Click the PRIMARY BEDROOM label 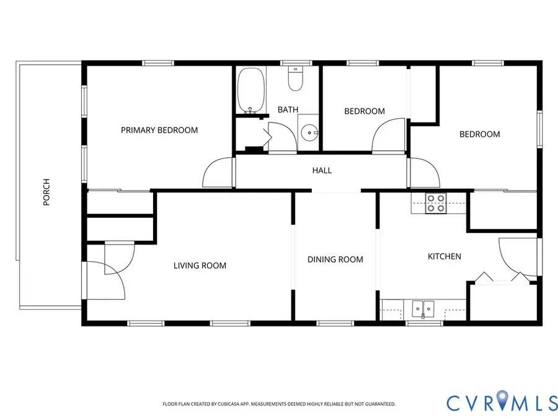point(159,130)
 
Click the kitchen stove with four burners point(436,204)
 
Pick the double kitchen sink point(423,307)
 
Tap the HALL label point(322,170)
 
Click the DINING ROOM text point(335,259)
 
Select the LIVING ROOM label point(200,266)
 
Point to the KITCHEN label point(445,256)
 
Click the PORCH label point(46,193)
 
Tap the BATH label point(288,110)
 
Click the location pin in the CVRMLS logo point(502,401)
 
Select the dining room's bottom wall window point(335,323)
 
